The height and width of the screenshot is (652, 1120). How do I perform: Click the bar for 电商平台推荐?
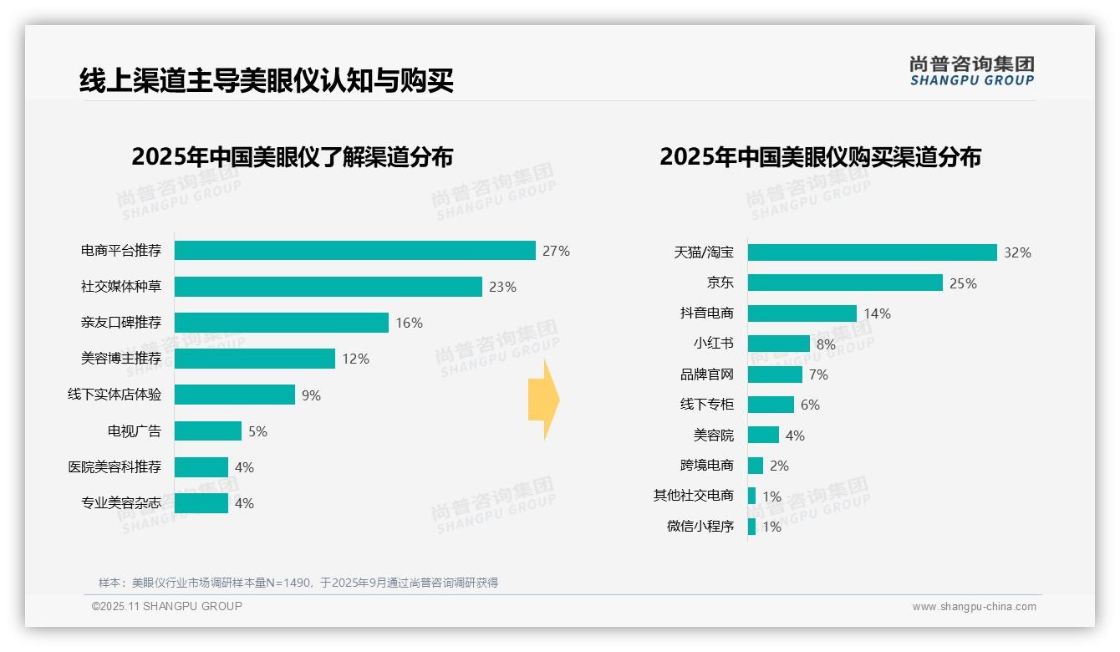pyautogui.click(x=354, y=251)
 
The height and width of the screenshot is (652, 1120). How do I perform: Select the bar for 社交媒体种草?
pyautogui.click(x=328, y=287)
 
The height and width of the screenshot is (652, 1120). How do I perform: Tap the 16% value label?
pyautogui.click(x=409, y=323)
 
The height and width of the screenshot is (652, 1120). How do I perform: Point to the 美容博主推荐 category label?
pyautogui.click(x=121, y=359)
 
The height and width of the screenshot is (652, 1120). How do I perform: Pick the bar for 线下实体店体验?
pyautogui.click(x=235, y=395)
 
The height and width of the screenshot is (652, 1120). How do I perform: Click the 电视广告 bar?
pyautogui.click(x=208, y=431)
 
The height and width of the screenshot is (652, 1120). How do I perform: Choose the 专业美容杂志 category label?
pyautogui.click(x=121, y=503)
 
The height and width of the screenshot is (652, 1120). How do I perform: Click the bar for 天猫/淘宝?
pyautogui.click(x=872, y=252)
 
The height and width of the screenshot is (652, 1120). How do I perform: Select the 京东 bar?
pyautogui.click(x=845, y=283)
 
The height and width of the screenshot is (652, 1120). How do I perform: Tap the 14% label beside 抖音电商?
pyautogui.click(x=877, y=314)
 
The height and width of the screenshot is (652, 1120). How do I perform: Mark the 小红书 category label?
pyautogui.click(x=714, y=344)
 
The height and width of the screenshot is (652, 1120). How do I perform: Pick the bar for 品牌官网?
pyautogui.click(x=775, y=374)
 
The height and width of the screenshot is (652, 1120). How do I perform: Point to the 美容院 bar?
pyautogui.click(x=763, y=436)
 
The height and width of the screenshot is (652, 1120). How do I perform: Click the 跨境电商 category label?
pyautogui.click(x=707, y=466)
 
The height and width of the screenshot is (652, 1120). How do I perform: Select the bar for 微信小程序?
pyautogui.click(x=751, y=527)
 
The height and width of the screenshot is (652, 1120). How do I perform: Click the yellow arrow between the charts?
pyautogui.click(x=543, y=400)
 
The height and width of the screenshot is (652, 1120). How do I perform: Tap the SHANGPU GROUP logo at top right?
pyautogui.click(x=971, y=71)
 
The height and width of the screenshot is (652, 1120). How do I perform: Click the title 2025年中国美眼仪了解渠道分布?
pyautogui.click(x=292, y=157)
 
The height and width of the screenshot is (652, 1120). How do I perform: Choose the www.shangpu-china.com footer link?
pyautogui.click(x=974, y=607)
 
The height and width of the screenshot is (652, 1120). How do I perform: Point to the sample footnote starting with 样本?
pyautogui.click(x=298, y=583)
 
